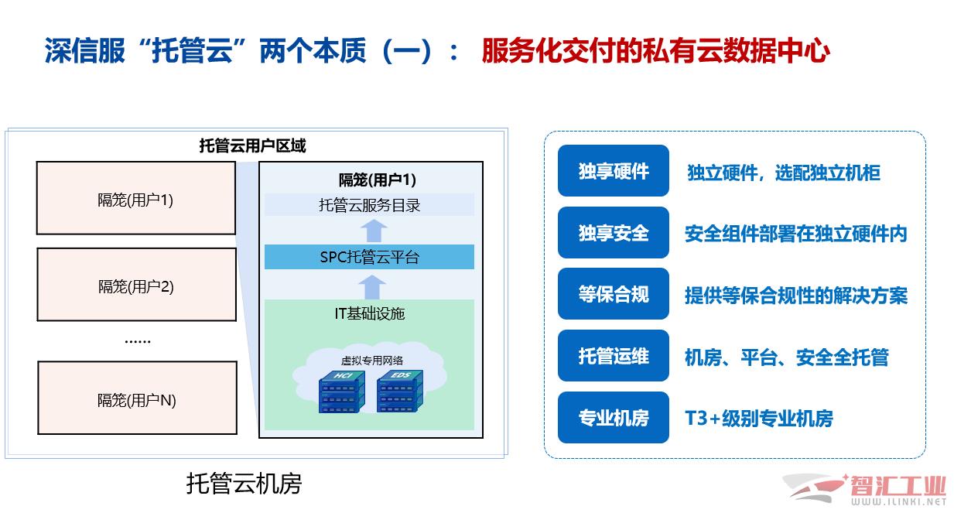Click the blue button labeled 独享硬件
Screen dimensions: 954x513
(614, 171)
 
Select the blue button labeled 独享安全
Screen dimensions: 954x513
(614, 233)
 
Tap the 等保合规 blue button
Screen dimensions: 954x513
(614, 294)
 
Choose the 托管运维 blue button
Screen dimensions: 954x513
(614, 356)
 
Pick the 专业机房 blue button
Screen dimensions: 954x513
(614, 418)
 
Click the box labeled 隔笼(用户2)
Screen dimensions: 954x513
(137, 285)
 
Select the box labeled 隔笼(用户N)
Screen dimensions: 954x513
(137, 398)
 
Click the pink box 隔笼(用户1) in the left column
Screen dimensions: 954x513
(136, 198)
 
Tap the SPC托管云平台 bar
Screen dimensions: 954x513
(369, 257)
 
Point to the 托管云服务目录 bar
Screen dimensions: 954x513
(369, 205)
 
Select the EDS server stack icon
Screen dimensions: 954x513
(399, 392)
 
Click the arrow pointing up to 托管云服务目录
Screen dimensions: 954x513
(374, 231)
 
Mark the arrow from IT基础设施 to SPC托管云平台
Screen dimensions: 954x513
(372, 287)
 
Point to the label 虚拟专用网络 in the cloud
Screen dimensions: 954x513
(372, 361)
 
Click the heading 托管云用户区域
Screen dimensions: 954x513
(252, 145)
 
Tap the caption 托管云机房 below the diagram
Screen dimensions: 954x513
(244, 484)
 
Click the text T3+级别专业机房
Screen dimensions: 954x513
(759, 419)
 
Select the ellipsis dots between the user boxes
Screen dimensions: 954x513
(138, 342)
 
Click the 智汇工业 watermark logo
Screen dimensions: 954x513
(864, 490)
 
